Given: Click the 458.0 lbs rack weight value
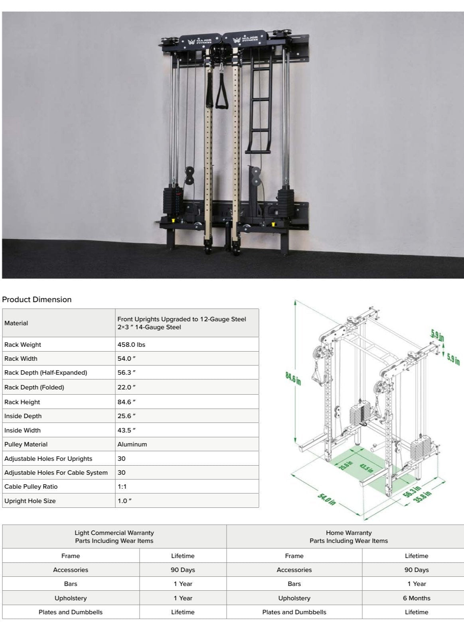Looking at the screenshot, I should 131,344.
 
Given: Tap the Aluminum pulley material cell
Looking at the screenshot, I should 132,444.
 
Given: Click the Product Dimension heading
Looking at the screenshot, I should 37,299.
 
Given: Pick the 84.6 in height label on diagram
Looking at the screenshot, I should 293,378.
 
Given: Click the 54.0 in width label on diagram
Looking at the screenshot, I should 326,499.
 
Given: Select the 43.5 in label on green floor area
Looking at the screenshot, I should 366,468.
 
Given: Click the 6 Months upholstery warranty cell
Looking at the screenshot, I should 416,598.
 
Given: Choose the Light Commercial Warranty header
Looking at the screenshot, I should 114,537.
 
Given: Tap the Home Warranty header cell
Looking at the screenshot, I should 348,537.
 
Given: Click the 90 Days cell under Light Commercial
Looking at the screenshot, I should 183,570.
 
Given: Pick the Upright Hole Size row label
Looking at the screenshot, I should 30,501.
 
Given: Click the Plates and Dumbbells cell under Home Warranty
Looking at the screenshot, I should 294,612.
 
